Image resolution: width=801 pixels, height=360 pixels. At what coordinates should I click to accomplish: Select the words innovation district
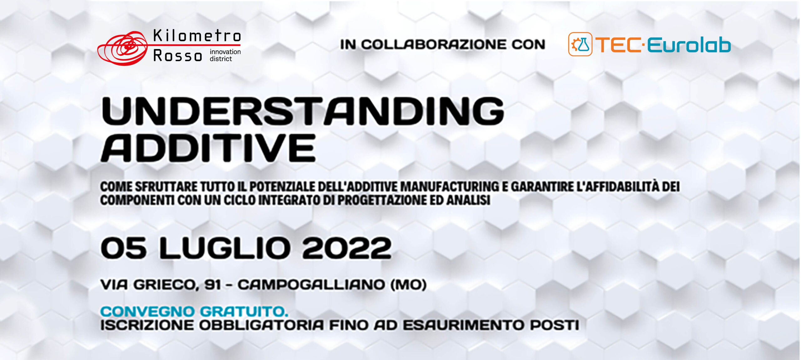(225, 55)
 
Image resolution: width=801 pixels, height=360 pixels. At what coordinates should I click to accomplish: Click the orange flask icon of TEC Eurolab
(580, 44)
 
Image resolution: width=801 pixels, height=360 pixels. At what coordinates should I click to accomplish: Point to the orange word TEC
(618, 45)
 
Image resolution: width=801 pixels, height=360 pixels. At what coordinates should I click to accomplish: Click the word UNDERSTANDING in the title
(303, 111)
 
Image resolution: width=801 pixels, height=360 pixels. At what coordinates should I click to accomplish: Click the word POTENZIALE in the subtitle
(282, 187)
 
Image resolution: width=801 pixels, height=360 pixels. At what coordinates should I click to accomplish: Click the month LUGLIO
(225, 248)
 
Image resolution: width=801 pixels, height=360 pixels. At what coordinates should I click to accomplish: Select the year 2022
(347, 248)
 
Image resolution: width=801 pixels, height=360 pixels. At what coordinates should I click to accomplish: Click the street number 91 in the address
(212, 285)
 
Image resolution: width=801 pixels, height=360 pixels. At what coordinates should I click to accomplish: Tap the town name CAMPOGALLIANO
(311, 285)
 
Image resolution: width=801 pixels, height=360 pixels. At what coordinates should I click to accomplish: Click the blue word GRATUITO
(244, 311)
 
